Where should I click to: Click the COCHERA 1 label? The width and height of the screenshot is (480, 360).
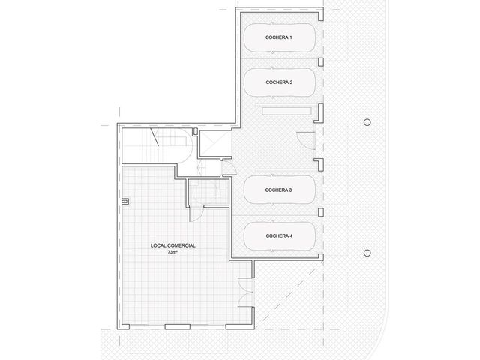(x=278, y=37)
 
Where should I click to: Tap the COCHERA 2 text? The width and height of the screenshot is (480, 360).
(x=279, y=82)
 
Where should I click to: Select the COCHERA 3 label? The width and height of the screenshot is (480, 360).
(x=278, y=190)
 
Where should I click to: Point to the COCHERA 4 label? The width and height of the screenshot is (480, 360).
(x=279, y=235)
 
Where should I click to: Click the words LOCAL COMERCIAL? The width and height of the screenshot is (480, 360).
(x=173, y=245)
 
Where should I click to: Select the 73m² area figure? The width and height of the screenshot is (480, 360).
(x=172, y=252)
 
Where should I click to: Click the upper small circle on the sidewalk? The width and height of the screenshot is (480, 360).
(x=367, y=122)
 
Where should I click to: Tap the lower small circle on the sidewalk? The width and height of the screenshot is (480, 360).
(x=367, y=253)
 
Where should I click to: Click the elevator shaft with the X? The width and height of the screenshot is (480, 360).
(x=214, y=143)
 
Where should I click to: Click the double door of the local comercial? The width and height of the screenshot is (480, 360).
(x=245, y=292)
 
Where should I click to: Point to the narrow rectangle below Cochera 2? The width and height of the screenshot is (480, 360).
(x=286, y=111)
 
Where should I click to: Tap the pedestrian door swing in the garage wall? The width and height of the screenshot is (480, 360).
(x=306, y=140)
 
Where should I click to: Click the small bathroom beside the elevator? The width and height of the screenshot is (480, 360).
(x=208, y=192)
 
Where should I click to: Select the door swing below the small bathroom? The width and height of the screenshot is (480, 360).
(x=196, y=213)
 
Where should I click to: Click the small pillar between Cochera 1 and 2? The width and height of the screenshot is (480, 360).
(x=321, y=61)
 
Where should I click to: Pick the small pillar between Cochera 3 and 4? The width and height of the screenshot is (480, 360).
(x=321, y=212)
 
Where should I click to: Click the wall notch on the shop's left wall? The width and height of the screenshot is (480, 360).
(x=125, y=202)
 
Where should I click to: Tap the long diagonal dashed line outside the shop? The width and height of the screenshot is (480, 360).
(x=289, y=294)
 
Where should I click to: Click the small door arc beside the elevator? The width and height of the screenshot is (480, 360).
(x=228, y=167)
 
